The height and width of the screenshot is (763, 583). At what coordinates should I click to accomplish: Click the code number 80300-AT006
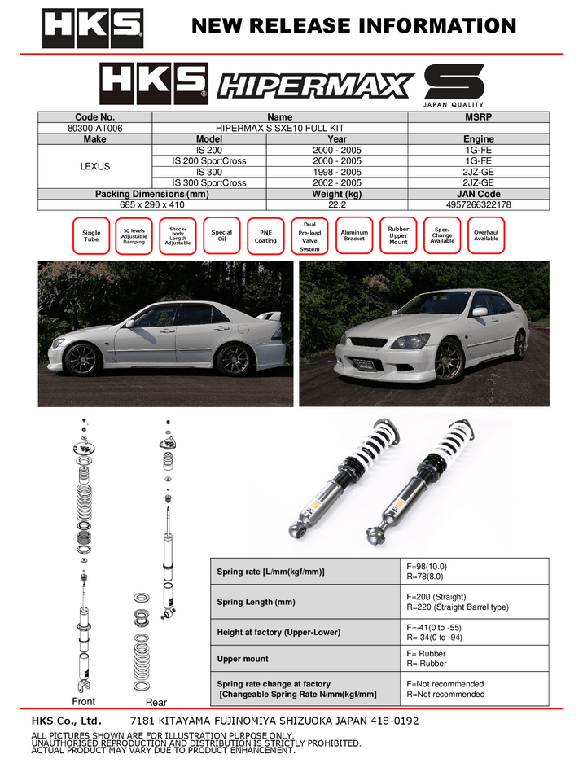click(x=94, y=128)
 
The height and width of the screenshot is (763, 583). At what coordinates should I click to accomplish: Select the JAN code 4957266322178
click(x=478, y=204)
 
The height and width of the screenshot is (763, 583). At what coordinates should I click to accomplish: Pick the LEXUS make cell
click(x=94, y=166)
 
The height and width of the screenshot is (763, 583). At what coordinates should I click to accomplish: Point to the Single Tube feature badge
click(x=91, y=236)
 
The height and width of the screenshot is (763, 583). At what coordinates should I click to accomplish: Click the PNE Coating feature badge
click(x=265, y=236)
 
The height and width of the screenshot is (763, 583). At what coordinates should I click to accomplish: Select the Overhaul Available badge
click(x=486, y=235)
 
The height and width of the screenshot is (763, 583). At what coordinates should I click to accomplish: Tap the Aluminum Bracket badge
click(x=354, y=235)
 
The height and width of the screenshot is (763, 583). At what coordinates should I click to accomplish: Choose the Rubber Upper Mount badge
click(x=398, y=235)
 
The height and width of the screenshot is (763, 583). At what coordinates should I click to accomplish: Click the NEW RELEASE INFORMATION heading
click(x=353, y=26)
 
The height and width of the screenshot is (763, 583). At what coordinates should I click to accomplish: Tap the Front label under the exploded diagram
click(x=83, y=701)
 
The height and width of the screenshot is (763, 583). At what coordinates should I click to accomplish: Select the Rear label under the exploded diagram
click(x=156, y=702)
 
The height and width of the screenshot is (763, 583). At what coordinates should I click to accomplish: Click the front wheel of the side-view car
click(x=81, y=359)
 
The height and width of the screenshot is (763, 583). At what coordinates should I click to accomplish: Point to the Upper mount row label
click(x=243, y=658)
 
